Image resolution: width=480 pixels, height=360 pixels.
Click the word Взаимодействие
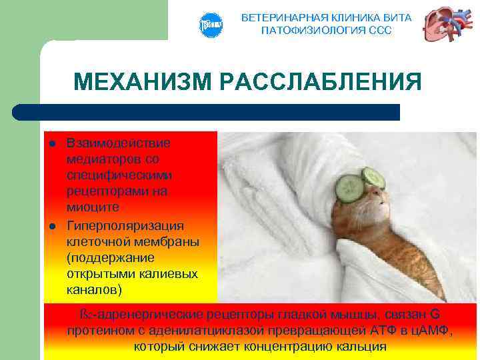coord(118,143)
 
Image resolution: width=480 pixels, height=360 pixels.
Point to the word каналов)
coord(95,291)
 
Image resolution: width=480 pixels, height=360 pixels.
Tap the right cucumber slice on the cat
coord(373,177)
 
